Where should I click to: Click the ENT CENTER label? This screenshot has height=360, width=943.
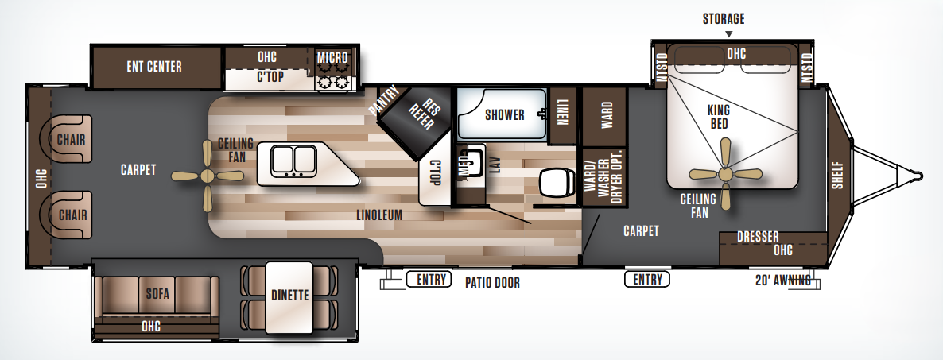pos(154,66)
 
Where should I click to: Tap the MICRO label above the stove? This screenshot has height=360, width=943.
pos(333,59)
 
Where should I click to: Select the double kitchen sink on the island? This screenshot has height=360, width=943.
pos(293,161)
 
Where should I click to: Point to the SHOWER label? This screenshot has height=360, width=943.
pos(505,114)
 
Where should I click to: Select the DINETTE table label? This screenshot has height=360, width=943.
pos(289,295)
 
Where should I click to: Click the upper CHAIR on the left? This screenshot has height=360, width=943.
pos(71,140)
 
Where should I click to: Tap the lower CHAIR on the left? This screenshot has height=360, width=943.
pos(71,215)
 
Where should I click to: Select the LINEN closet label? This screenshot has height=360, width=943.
pos(563,113)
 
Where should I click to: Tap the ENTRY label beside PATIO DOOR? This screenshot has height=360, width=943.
pos(429,279)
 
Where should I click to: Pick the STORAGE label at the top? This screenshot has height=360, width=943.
pos(724,18)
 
